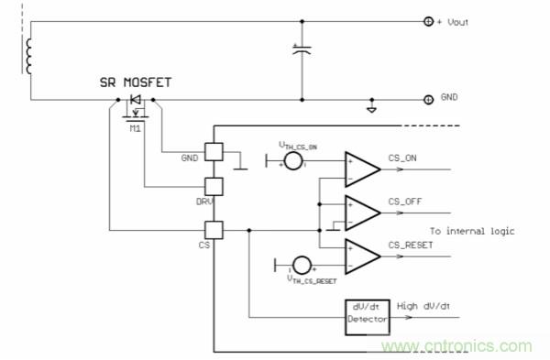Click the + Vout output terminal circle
click(x=427, y=21)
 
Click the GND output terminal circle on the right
click(x=427, y=98)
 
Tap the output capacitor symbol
click(x=302, y=52)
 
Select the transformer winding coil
click(x=31, y=56)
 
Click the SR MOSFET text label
click(x=135, y=82)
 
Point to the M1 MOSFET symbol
click(x=136, y=108)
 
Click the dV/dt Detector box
click(x=368, y=317)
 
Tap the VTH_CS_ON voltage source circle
click(x=293, y=162)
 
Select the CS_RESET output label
click(x=410, y=244)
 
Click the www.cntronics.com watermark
click(x=457, y=345)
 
